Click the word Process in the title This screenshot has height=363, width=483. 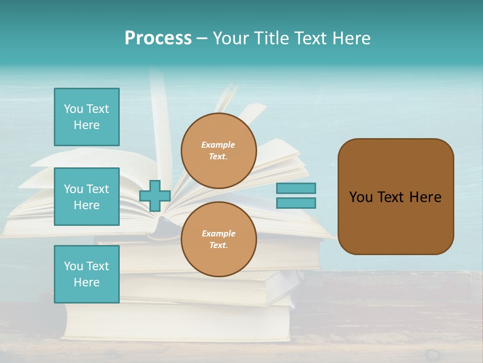(158, 38)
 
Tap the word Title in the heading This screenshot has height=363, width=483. (272, 38)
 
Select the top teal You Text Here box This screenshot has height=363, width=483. (87, 117)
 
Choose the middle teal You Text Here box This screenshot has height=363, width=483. (87, 197)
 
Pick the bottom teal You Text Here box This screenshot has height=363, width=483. (87, 274)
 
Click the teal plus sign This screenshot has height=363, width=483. (155, 196)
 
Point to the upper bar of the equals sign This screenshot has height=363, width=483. (296, 189)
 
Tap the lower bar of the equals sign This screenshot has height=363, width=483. (296, 203)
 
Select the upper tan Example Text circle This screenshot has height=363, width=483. (219, 151)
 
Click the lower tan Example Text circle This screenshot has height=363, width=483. (219, 239)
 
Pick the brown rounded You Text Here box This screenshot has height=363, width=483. (395, 197)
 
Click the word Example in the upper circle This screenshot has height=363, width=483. (218, 145)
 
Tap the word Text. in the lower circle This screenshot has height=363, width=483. (218, 246)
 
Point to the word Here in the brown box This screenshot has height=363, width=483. (425, 197)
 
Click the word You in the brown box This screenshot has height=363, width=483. (361, 197)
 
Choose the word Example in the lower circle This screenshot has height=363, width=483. (218, 233)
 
